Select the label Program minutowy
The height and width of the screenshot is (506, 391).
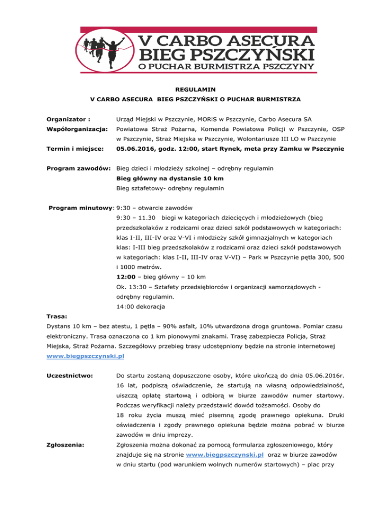[81, 208]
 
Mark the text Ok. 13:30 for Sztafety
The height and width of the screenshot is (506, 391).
[134, 287]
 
